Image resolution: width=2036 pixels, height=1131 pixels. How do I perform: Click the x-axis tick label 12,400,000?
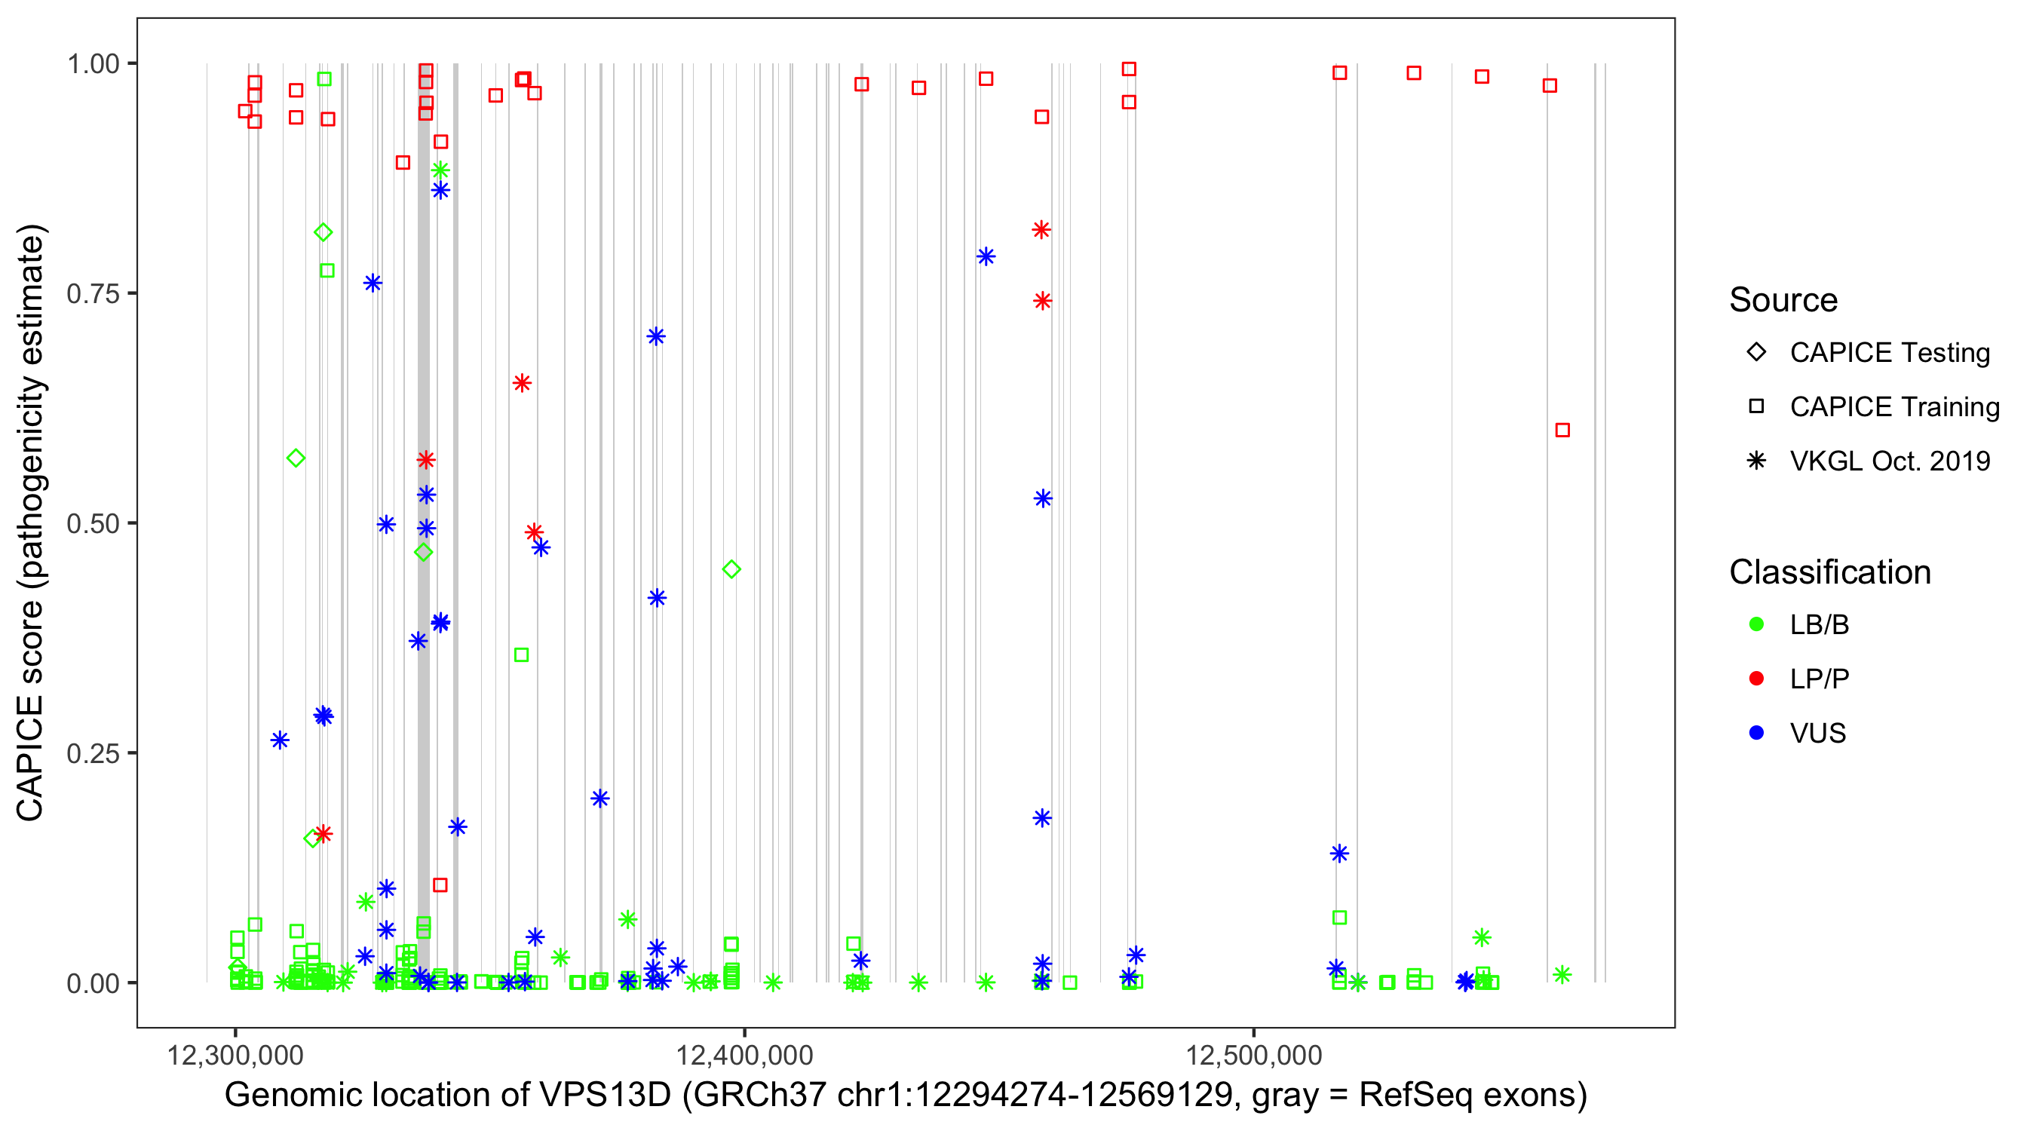[x=744, y=1055]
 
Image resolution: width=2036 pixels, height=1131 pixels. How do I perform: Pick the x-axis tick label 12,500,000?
[x=1253, y=1055]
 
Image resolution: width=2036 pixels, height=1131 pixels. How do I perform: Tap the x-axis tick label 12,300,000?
[x=235, y=1055]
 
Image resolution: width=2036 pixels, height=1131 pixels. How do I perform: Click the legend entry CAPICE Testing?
[x=1889, y=353]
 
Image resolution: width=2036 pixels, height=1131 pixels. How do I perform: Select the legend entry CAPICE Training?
[x=1893, y=407]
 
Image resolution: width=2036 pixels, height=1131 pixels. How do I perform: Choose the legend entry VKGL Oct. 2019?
[x=1889, y=461]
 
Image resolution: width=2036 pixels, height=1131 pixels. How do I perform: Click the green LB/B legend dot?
[x=1756, y=624]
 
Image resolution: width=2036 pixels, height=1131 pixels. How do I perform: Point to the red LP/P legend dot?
[x=1756, y=679]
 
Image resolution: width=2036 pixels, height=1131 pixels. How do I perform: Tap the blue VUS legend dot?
[x=1756, y=733]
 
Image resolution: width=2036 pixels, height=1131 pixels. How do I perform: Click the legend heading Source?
[x=1783, y=300]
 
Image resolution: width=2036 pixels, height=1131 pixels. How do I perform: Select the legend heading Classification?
[x=1829, y=572]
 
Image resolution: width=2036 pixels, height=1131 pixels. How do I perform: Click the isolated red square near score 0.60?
[x=1562, y=430]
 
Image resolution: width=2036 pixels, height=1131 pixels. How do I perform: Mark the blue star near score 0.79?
[x=986, y=256]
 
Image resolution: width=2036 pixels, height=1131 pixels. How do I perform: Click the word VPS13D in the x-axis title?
[x=605, y=1096]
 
